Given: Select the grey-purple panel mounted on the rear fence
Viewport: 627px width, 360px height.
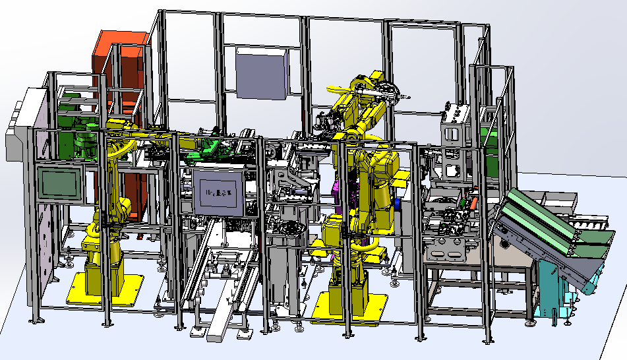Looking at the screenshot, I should click(x=262, y=73).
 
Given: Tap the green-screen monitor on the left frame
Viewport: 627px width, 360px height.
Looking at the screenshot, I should click(x=60, y=183).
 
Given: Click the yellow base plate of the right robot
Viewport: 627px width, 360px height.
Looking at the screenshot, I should click(x=349, y=308).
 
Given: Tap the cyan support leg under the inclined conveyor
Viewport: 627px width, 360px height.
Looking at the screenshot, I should click(x=551, y=290).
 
